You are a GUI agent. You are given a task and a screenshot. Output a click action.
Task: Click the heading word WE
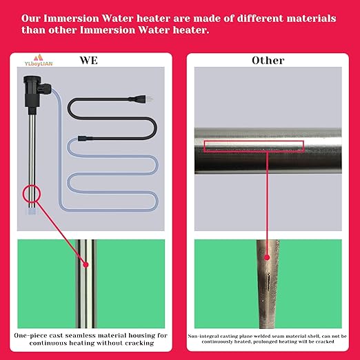point(88,61)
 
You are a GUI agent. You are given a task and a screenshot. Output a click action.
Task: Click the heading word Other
point(267,61)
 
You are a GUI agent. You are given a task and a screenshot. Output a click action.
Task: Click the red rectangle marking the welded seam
point(254,145)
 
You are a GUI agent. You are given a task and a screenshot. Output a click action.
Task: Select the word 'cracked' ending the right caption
point(321,325)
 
